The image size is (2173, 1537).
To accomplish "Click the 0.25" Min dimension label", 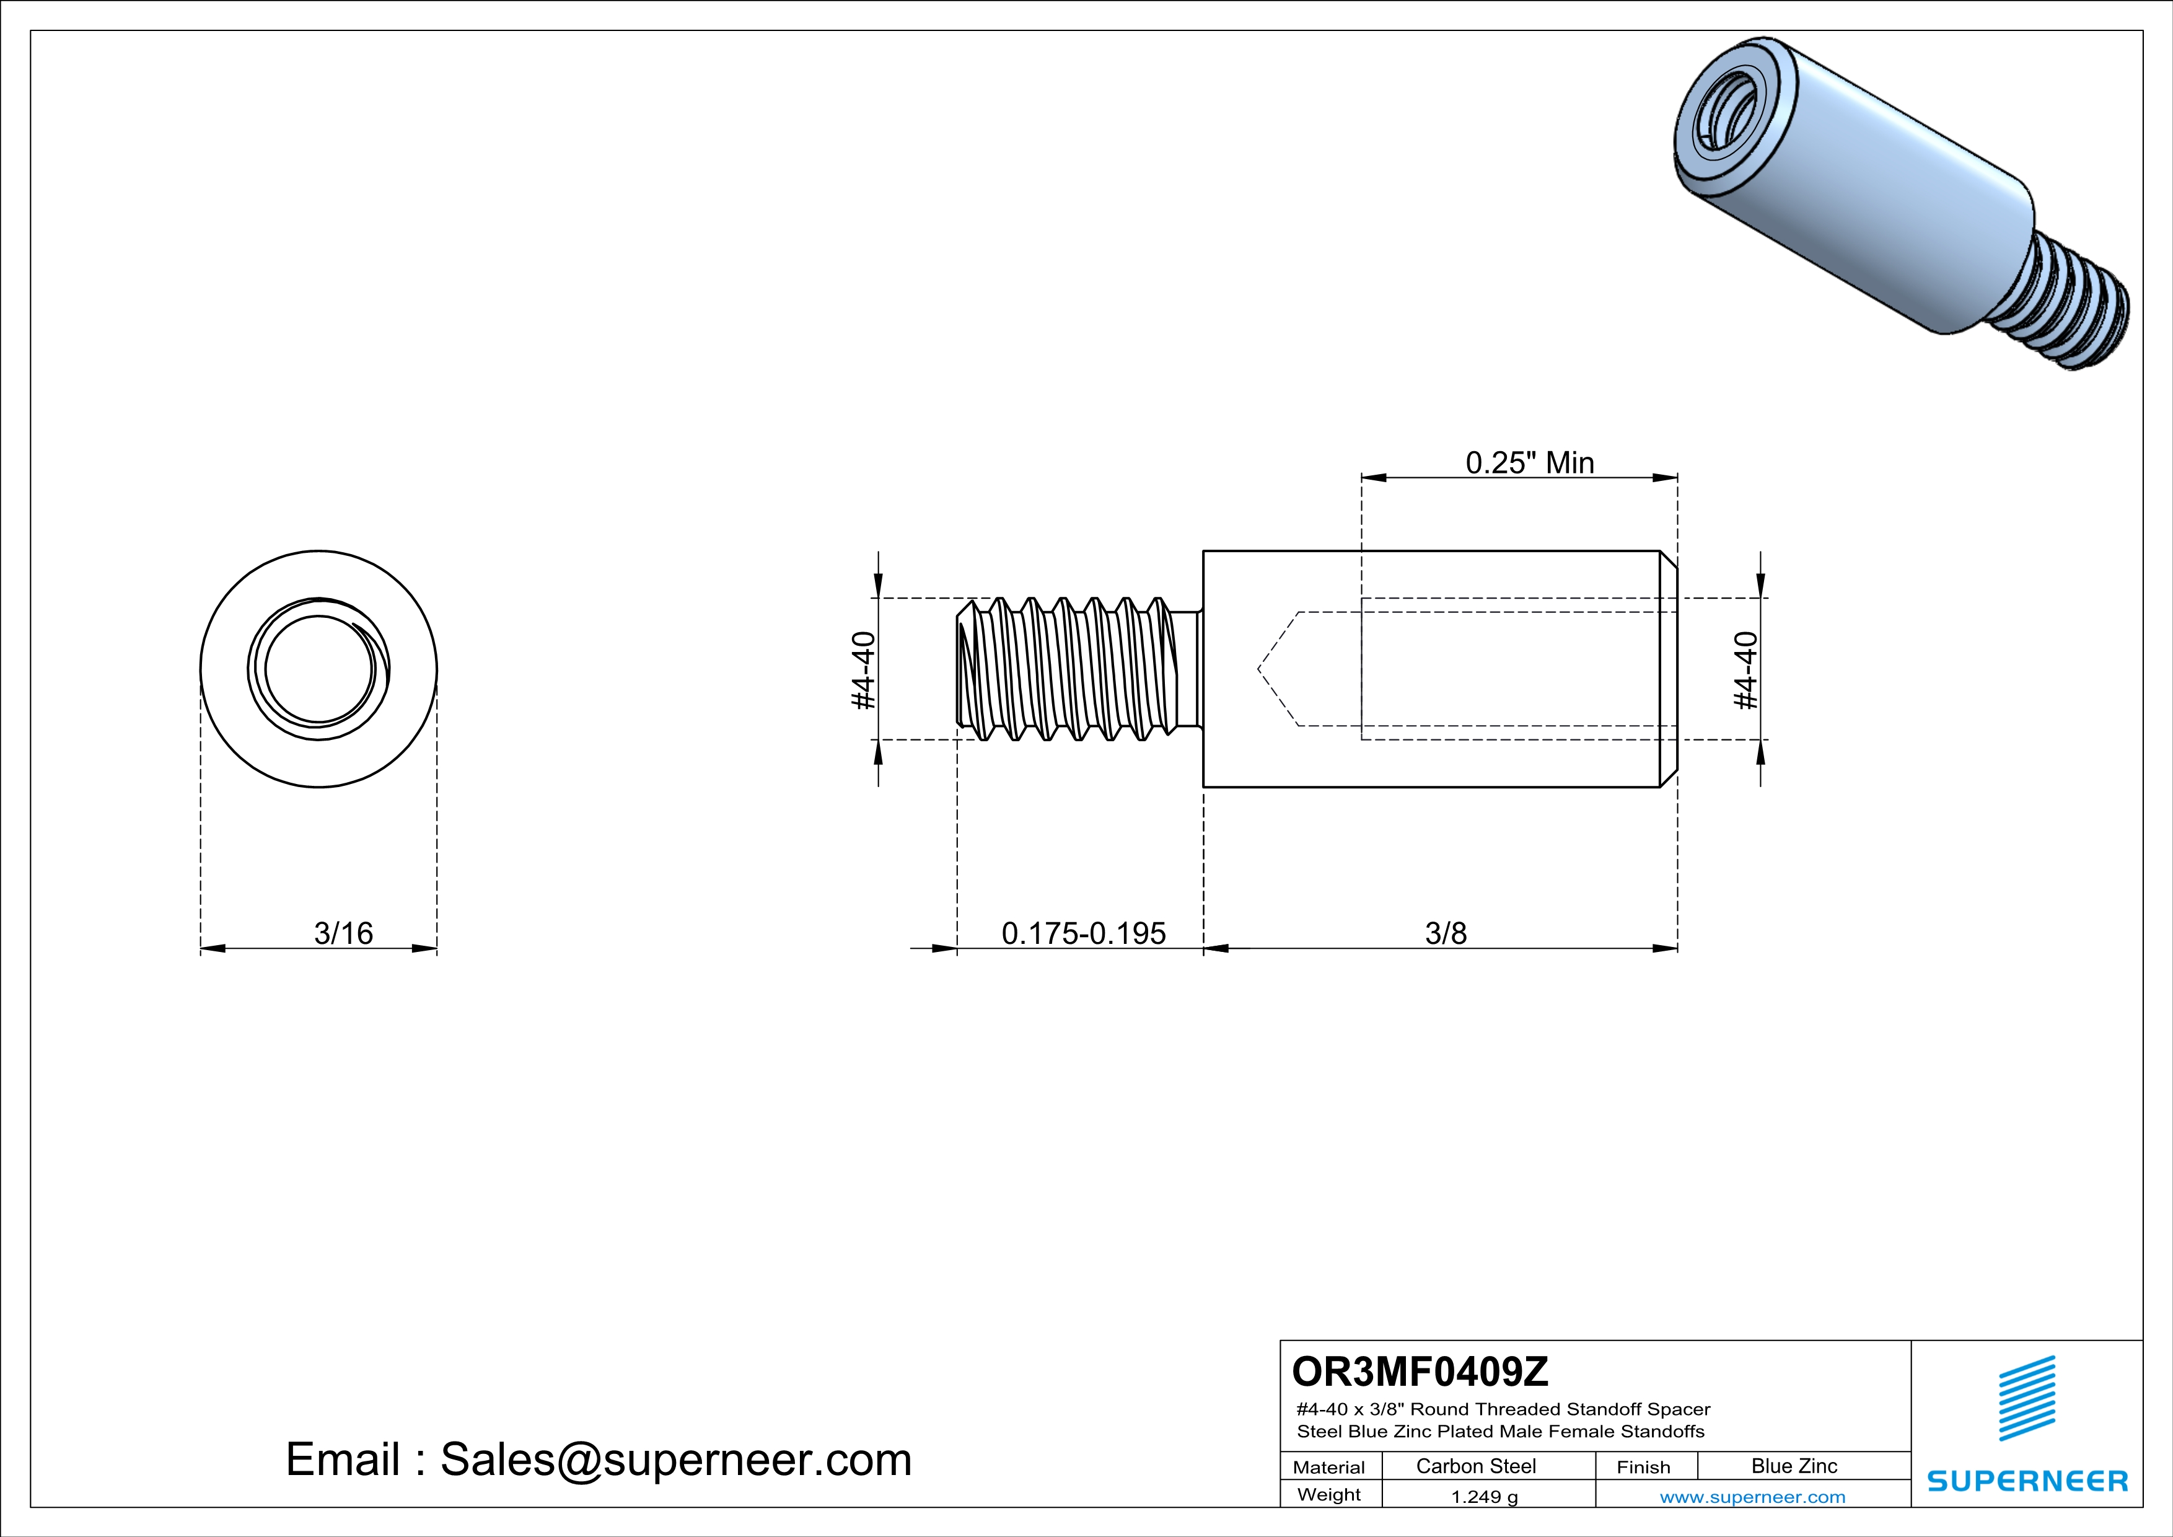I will pyautogui.click(x=1529, y=463).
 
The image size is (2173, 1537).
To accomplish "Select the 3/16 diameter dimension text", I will pyautogui.click(x=343, y=933).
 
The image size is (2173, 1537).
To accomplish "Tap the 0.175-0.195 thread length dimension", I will pyautogui.click(x=1084, y=933).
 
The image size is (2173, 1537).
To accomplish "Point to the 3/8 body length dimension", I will pyautogui.click(x=1445, y=933).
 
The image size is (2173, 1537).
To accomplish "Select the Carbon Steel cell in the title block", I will pyautogui.click(x=1475, y=1466).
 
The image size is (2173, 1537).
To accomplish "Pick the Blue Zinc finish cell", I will pyautogui.click(x=1793, y=1466).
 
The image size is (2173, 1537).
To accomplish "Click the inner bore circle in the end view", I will pyautogui.click(x=319, y=669).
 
